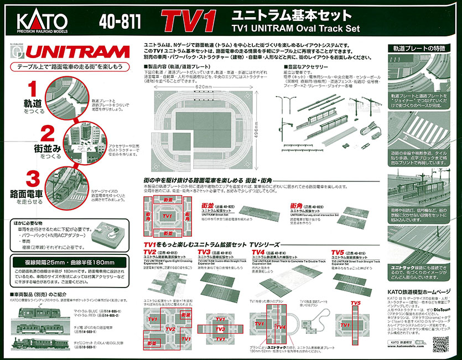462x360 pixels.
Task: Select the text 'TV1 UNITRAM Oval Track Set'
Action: click(x=295, y=28)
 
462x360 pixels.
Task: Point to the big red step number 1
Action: click(x=33, y=90)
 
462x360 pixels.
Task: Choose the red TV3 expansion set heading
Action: click(x=206, y=252)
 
